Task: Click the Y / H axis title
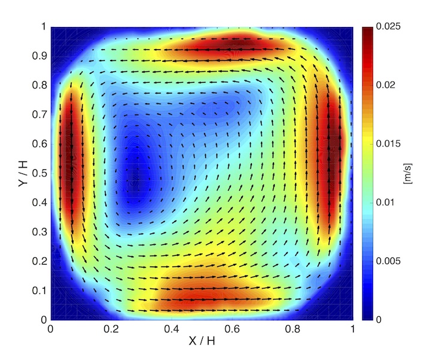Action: [x=23, y=173]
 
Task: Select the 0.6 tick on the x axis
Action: [x=231, y=329]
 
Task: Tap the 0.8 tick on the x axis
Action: [x=292, y=329]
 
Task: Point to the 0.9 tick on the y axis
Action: [x=40, y=56]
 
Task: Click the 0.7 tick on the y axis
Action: [x=40, y=114]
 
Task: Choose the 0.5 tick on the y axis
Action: [x=40, y=173]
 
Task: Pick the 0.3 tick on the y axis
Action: [x=40, y=232]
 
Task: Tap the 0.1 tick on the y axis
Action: [x=40, y=290]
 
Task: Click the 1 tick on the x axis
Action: [x=353, y=329]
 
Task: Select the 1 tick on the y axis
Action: [x=43, y=26]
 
